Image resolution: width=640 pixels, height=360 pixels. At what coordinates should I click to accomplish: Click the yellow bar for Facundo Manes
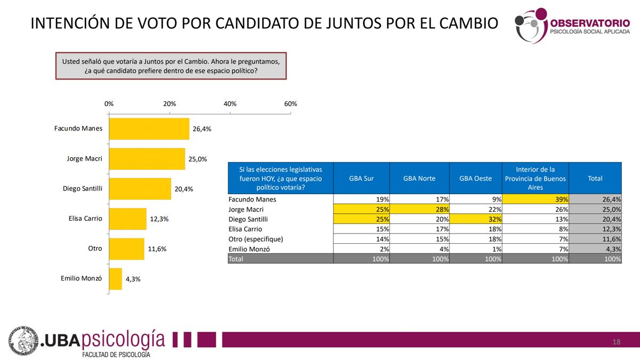pos(149,129)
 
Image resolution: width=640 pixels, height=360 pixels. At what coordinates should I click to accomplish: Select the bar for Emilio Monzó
pos(116,279)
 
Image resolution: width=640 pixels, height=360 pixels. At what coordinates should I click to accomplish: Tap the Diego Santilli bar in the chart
pos(140,189)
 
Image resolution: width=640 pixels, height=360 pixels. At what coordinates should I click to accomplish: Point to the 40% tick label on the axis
pos(230,103)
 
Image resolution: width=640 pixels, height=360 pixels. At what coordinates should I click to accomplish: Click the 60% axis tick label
pos(291,103)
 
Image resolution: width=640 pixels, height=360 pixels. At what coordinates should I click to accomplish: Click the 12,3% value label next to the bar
pos(158,219)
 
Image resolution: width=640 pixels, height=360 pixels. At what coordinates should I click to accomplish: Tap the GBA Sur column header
pos(361,179)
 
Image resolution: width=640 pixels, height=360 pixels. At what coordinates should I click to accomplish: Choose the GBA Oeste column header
pos(475,179)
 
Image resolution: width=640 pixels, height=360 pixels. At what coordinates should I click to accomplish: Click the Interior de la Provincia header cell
pos(535,179)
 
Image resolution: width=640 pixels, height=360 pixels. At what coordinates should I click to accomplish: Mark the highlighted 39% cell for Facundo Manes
pos(535,199)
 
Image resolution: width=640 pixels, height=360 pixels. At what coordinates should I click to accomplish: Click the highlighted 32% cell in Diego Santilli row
pos(475,219)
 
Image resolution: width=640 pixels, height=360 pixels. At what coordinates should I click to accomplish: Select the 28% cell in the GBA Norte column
pos(419,210)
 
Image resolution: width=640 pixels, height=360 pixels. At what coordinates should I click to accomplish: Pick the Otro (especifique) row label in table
pos(255,239)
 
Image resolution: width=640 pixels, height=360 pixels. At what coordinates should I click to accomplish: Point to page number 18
pos(617,342)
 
